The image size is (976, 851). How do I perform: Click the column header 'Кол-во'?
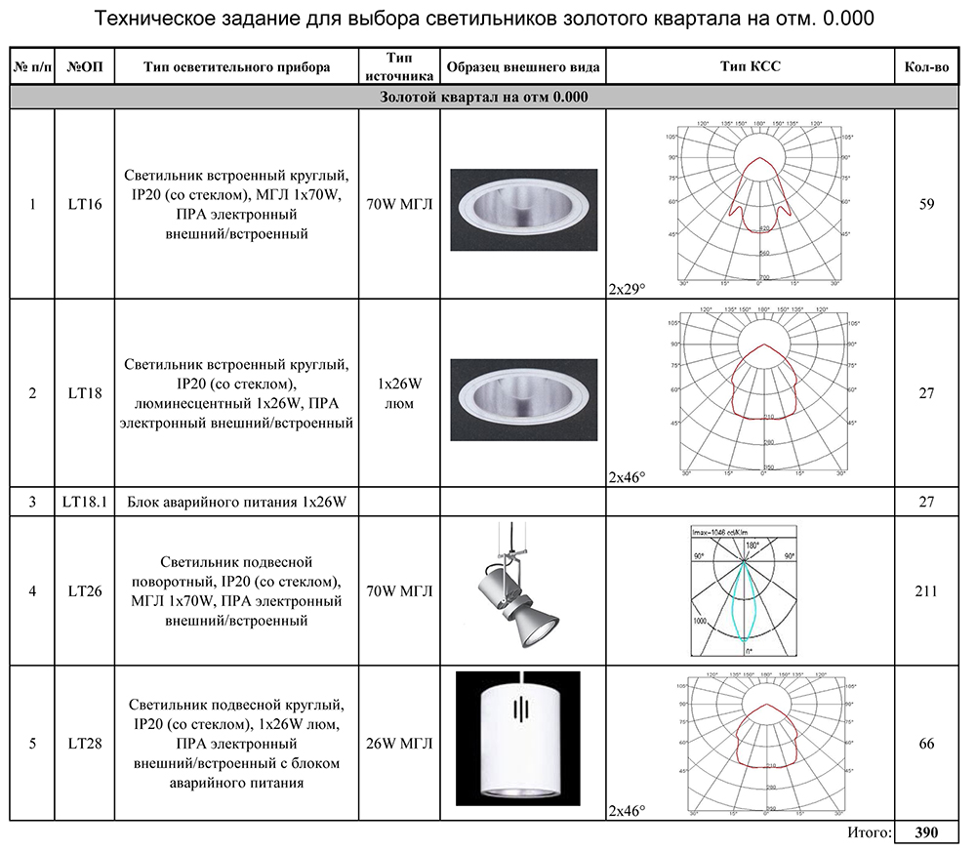pos(926,67)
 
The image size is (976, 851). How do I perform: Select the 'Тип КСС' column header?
pos(750,67)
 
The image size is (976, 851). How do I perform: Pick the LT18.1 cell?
pos(84,502)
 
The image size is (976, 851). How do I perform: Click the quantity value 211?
pos(926,591)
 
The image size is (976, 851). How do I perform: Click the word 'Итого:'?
pos(865,833)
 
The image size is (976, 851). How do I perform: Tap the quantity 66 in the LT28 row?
pos(926,744)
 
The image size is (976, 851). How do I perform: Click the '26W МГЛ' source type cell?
pos(399,744)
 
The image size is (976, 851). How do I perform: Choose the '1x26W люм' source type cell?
pos(399,393)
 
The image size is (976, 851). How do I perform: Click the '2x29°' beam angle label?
pos(626,290)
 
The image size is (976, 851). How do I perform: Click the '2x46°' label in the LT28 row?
pos(626,810)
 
